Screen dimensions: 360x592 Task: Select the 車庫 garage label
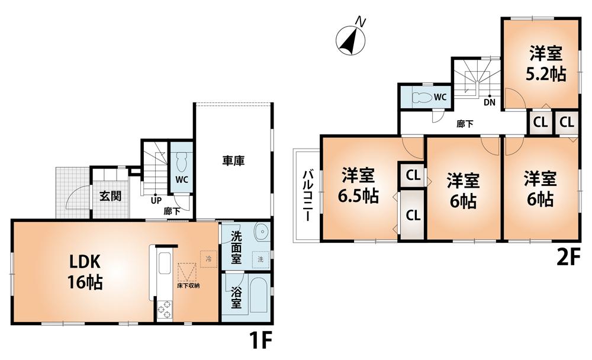coord(234,160)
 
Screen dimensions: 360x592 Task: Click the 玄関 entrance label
coord(110,196)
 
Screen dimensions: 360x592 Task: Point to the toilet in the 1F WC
coord(182,161)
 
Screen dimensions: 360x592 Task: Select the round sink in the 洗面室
coord(260,232)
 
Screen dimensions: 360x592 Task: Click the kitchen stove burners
coord(163,309)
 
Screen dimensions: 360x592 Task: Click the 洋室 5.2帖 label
coord(545,64)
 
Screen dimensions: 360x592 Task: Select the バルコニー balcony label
coord(308,195)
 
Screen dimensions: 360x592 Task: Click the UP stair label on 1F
coord(156,200)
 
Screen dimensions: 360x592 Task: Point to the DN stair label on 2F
coord(489,101)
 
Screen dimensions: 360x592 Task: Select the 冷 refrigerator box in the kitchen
coord(208,259)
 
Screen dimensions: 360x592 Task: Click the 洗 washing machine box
coord(260,258)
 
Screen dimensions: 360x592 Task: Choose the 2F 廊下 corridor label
coord(464,124)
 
